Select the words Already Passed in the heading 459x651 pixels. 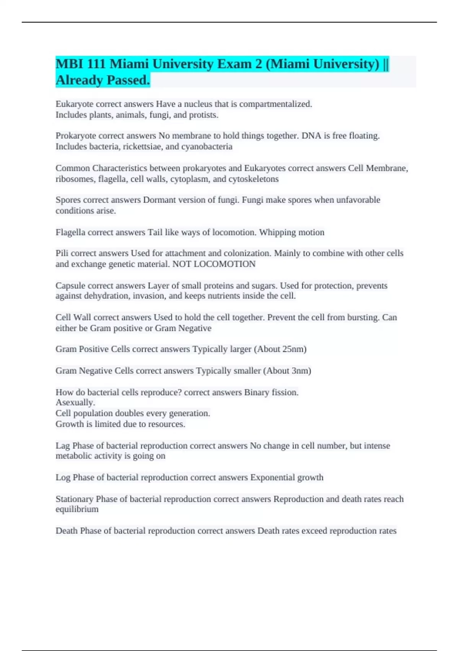pyautogui.click(x=103, y=80)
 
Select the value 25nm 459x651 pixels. pyautogui.click(x=293, y=349)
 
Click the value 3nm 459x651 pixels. pyautogui.click(x=299, y=371)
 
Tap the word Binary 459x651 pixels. pyautogui.click(x=257, y=393)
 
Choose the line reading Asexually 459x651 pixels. pyautogui.click(x=75, y=402)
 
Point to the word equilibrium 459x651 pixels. pyautogui.click(x=77, y=509)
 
